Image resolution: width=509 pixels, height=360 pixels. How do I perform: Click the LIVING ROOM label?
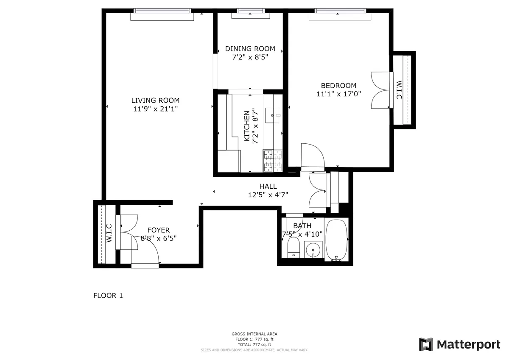tap(155, 100)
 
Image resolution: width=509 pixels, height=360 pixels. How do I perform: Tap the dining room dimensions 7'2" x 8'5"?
tap(250, 57)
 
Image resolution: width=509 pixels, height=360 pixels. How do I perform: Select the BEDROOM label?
tap(338, 86)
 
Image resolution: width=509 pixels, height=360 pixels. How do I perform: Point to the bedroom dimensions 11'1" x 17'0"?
tap(338, 94)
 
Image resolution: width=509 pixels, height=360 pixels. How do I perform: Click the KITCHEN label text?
tap(246, 126)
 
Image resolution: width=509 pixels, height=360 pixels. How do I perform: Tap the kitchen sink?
tap(272, 114)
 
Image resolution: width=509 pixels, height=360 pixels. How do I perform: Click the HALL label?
tap(268, 187)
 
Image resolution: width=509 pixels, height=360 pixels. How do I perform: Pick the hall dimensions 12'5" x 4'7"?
tap(268, 195)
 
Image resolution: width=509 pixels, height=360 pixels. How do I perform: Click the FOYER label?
tap(158, 230)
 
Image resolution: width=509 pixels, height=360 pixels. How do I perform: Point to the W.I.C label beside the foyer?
tap(109, 233)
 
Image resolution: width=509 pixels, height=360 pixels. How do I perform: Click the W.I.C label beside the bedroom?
tap(399, 90)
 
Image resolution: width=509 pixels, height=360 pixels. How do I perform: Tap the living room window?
tap(162, 14)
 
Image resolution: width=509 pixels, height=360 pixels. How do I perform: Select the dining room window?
tap(250, 14)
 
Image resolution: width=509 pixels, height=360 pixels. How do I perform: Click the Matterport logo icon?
tap(426, 344)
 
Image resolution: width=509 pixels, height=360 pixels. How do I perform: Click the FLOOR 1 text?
tap(108, 296)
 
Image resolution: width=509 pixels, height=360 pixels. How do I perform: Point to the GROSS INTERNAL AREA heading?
tap(255, 334)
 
